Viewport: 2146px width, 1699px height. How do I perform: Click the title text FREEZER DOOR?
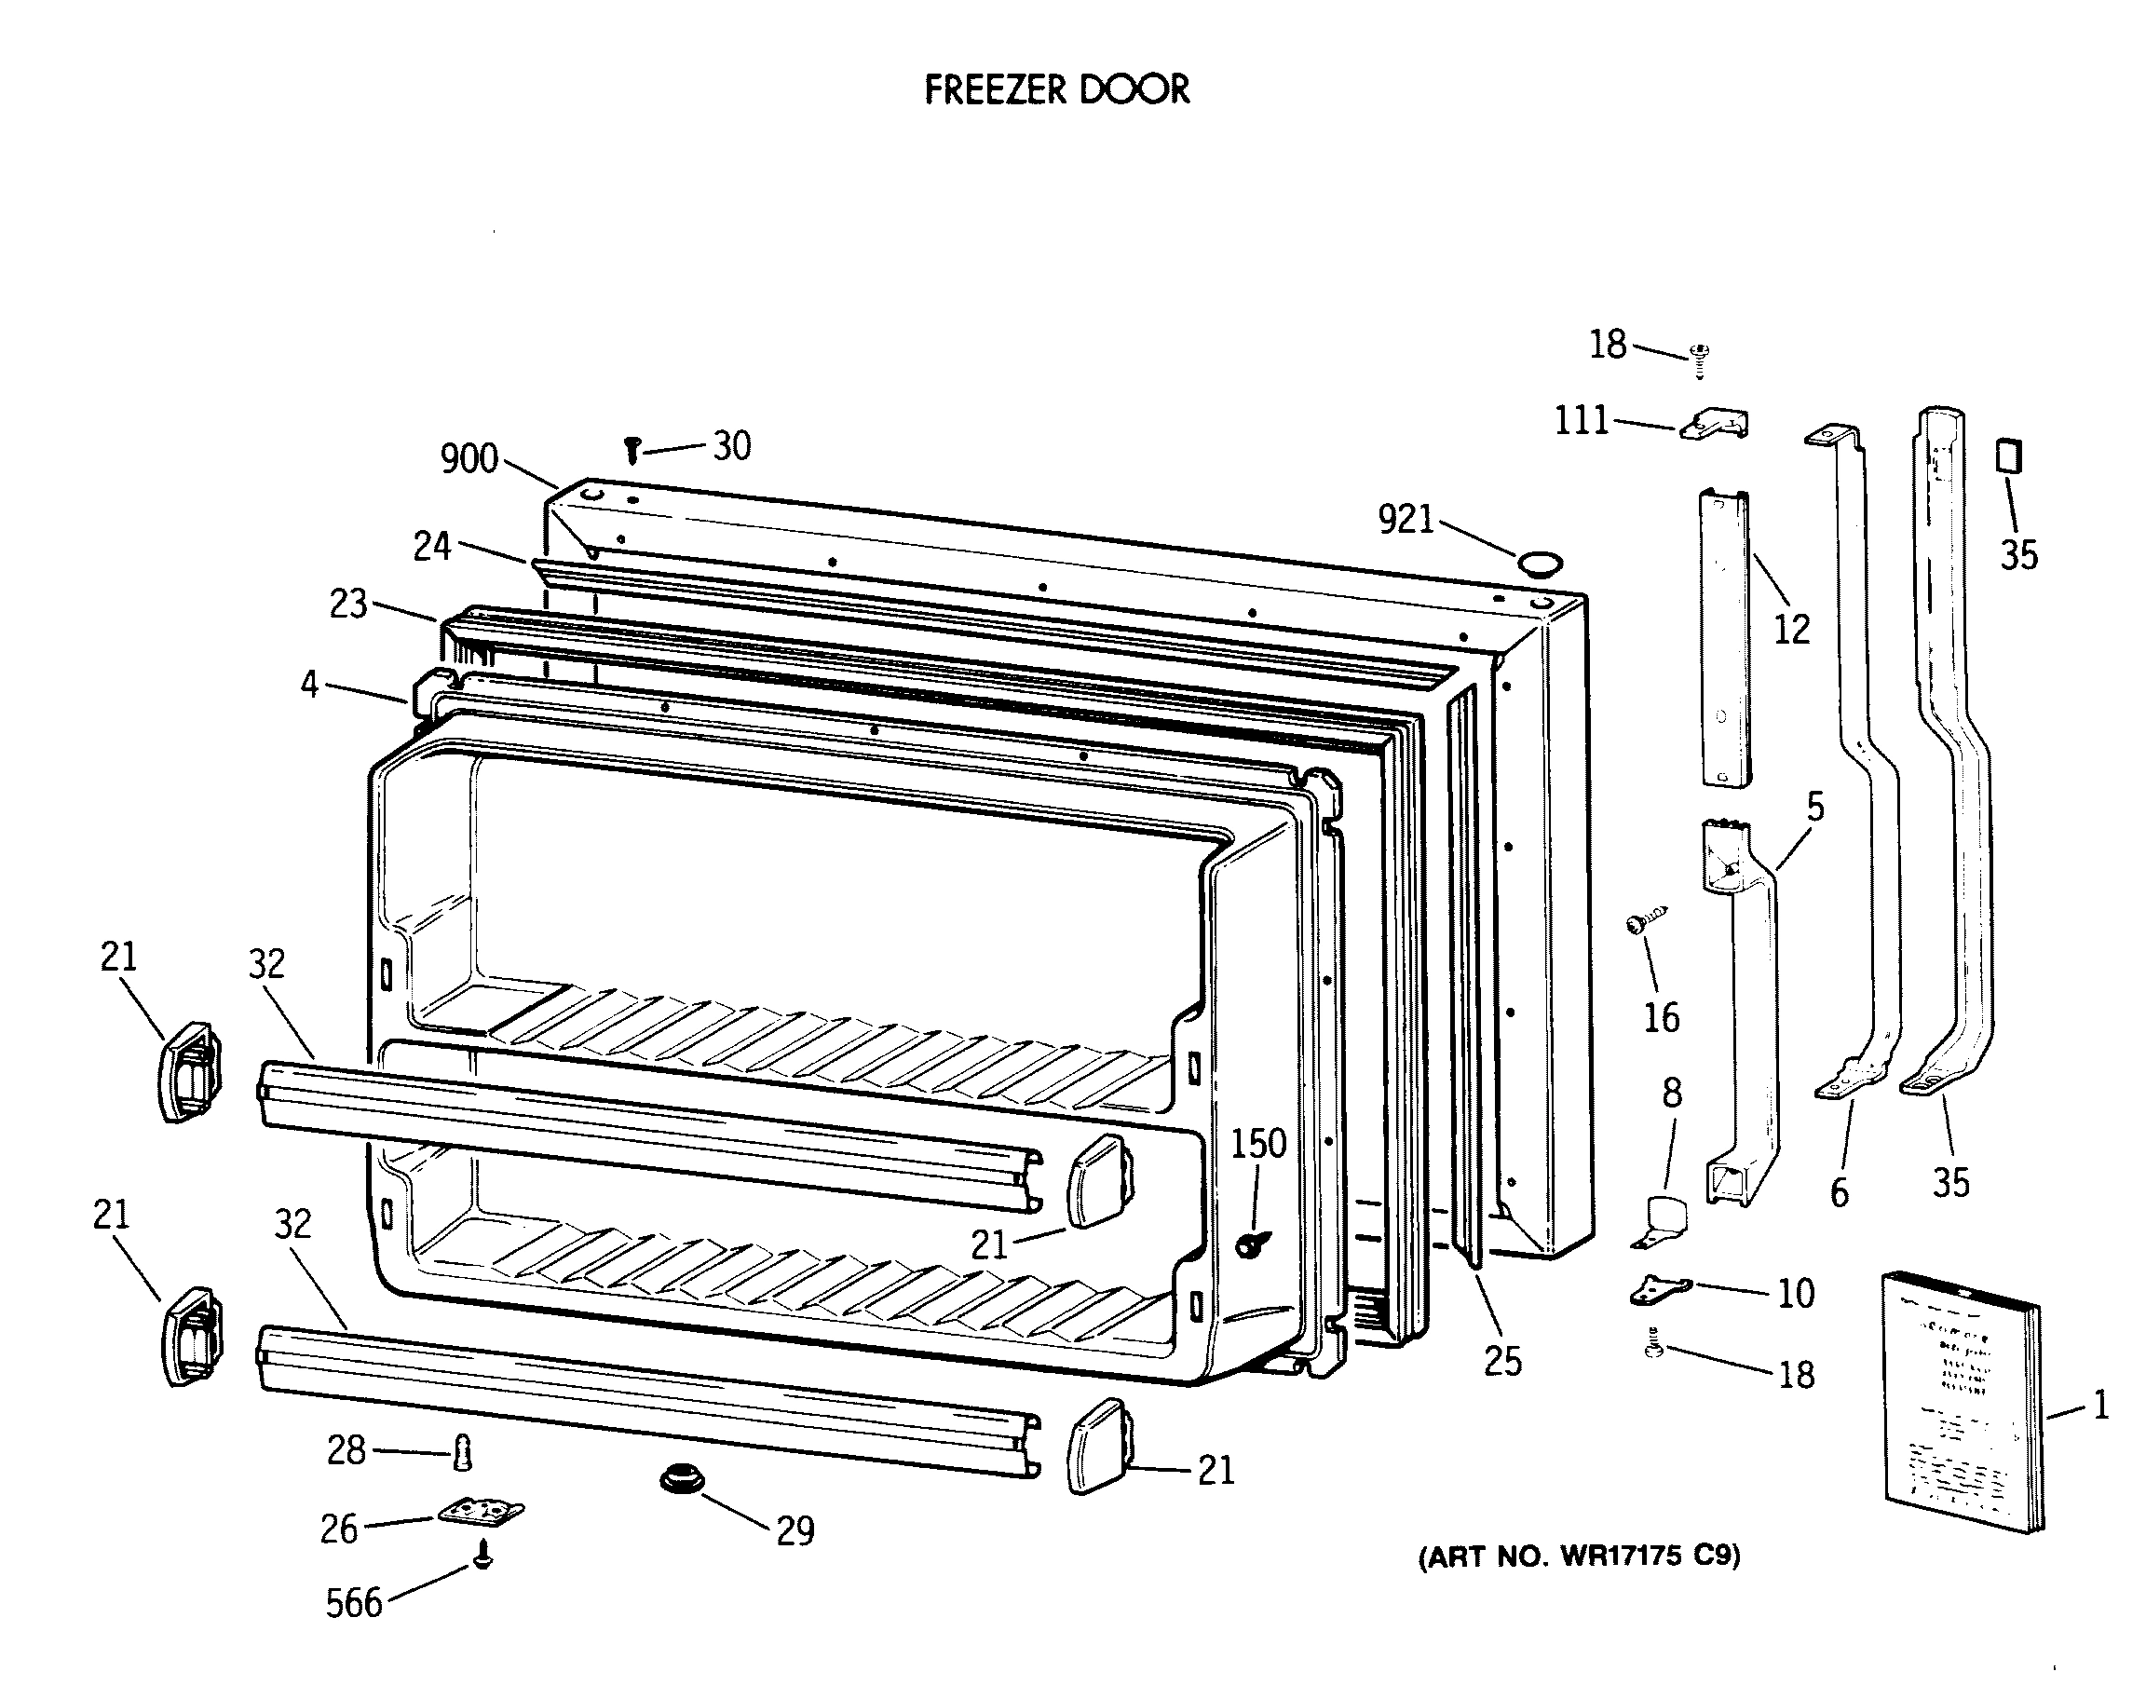1056,89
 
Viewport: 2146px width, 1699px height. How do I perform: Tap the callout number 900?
469,458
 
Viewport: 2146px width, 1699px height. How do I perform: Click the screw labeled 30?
632,451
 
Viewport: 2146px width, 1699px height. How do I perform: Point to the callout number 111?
1582,421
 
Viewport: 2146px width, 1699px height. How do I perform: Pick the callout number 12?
1792,629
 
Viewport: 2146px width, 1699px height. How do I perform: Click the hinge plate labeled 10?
1659,1290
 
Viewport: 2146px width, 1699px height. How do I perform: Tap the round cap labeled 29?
682,1479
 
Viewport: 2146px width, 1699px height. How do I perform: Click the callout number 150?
1258,1144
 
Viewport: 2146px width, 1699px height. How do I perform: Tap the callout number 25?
1502,1361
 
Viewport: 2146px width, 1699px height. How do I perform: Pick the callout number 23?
348,604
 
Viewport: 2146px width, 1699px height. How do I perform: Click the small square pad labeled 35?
2009,456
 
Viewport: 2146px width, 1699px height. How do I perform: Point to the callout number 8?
1672,1093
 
